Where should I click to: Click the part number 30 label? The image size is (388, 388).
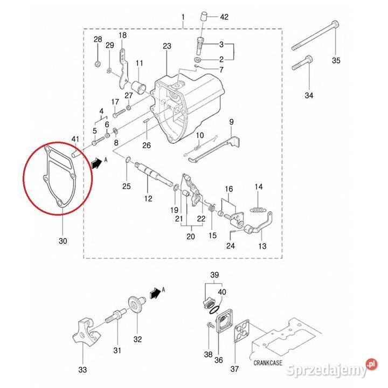(63, 241)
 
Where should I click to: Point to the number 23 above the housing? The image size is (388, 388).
(166, 46)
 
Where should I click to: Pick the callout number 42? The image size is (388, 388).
(225, 17)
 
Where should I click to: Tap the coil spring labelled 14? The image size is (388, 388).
(259, 207)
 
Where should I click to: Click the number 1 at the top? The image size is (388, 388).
(183, 17)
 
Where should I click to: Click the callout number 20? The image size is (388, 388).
(189, 237)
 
